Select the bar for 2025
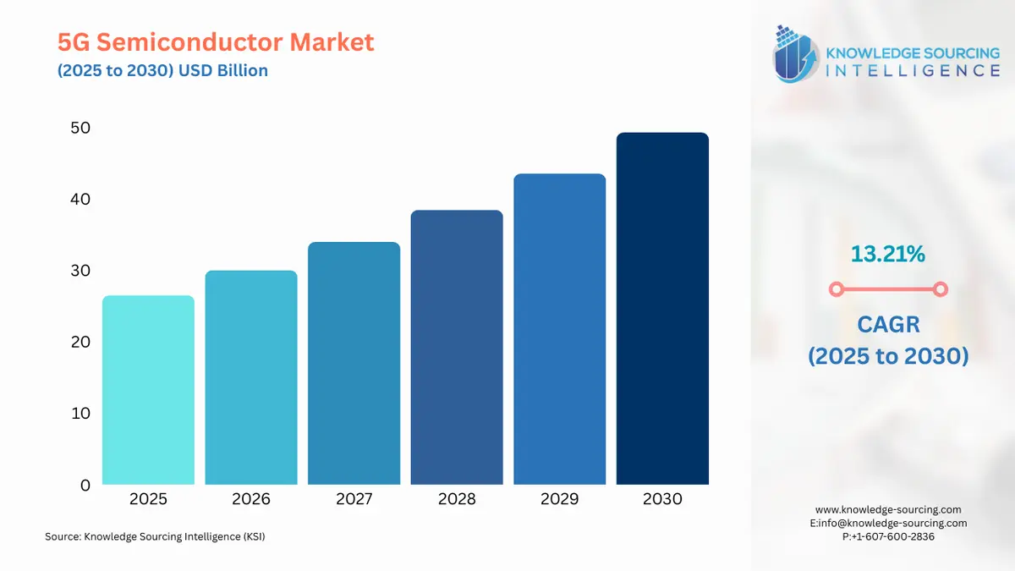coord(148,390)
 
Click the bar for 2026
coord(251,377)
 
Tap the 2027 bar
coord(354,363)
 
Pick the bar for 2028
coord(457,347)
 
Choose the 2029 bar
coord(559,329)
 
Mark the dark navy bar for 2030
coord(662,309)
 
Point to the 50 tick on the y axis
coord(80,128)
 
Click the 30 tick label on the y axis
coord(80,271)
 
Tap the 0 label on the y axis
coord(85,486)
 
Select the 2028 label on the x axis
coord(457,499)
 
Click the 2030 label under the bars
coord(662,499)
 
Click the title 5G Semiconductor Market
coord(216,41)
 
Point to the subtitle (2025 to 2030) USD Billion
coord(162,70)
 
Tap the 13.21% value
coord(887,253)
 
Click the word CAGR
coord(887,324)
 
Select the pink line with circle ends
coord(887,290)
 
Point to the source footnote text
coord(155,536)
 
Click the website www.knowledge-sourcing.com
coord(888,509)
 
